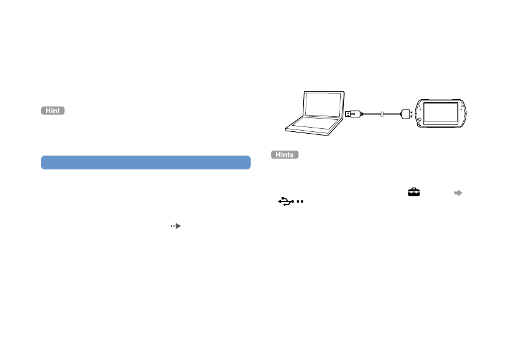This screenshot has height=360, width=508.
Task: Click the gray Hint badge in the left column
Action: point(53,111)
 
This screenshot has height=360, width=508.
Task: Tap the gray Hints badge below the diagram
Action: point(285,155)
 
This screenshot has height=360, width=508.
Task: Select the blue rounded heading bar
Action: point(146,162)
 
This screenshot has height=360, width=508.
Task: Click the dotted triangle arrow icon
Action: point(176,225)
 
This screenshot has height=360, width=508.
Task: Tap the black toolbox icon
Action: point(414,192)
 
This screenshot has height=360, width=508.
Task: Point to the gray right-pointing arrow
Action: point(458,192)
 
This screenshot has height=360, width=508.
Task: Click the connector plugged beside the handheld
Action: point(406,113)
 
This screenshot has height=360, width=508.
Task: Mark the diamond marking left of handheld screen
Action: point(417,104)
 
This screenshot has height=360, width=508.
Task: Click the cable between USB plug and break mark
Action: point(371,113)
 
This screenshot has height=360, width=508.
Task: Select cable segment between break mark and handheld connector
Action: point(392,113)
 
